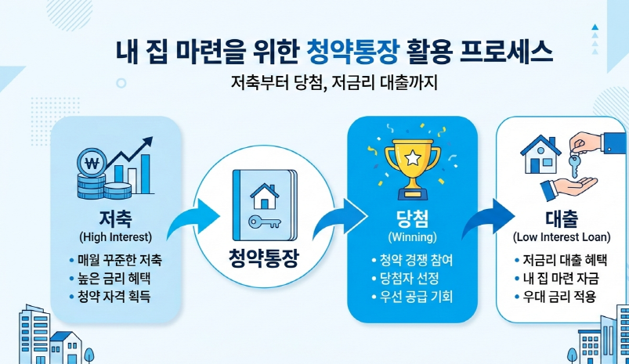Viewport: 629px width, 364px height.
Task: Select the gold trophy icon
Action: click(411, 161)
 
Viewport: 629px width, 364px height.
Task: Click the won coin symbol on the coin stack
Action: click(92, 165)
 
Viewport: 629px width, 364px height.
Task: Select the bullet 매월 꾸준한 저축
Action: click(119, 258)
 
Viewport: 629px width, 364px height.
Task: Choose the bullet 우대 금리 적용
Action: click(559, 297)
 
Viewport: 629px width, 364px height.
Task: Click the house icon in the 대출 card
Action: click(540, 154)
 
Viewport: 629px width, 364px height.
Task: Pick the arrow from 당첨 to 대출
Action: click(485, 218)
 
